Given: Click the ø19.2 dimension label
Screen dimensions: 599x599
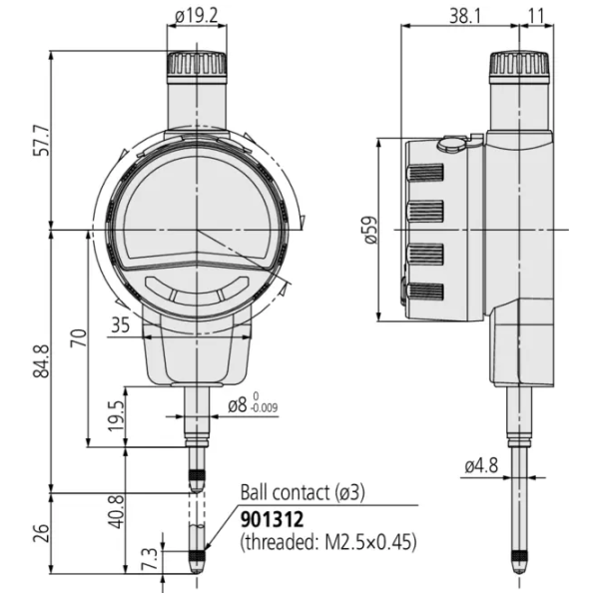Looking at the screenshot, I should pos(196,16).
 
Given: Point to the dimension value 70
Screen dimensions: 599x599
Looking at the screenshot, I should pos(76,339).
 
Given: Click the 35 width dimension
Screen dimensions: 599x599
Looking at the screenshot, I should pos(121,323).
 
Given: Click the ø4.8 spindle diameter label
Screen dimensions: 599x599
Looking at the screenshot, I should pos(481,464).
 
